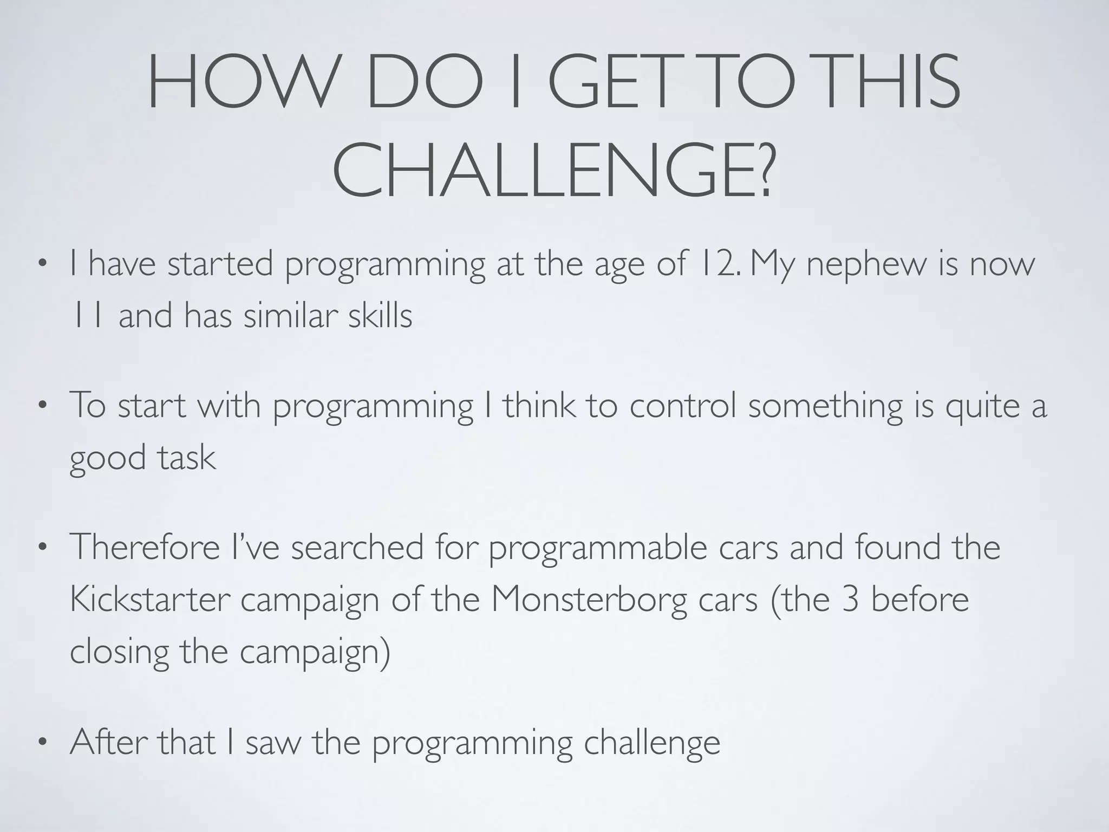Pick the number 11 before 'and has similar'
pos(87,316)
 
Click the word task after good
pos(187,458)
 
